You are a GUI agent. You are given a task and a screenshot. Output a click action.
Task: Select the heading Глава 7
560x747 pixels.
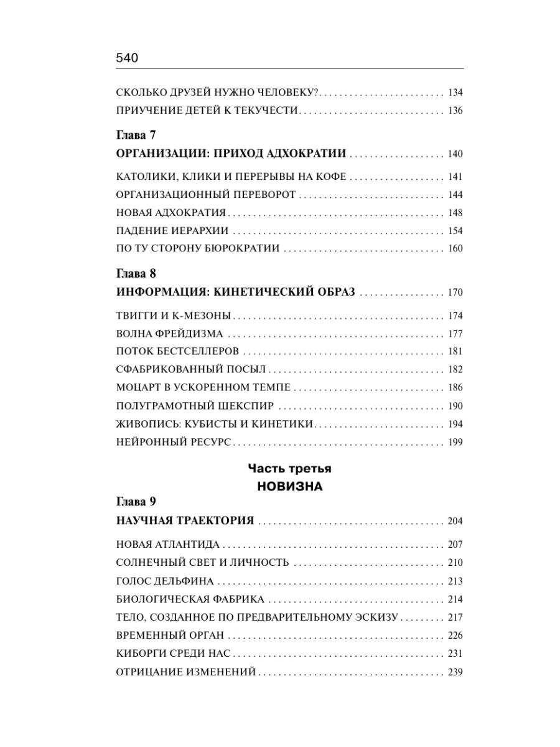(136, 135)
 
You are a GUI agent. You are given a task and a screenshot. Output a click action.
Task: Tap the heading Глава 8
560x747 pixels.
(136, 274)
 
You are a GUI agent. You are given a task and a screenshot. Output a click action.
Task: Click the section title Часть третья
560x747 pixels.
(289, 468)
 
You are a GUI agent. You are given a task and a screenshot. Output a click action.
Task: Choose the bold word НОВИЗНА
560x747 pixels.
(290, 487)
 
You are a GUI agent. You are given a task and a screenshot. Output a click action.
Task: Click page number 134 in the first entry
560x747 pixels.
(455, 93)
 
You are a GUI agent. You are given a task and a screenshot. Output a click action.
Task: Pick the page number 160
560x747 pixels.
(455, 249)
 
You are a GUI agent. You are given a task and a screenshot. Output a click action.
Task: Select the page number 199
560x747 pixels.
(455, 443)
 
